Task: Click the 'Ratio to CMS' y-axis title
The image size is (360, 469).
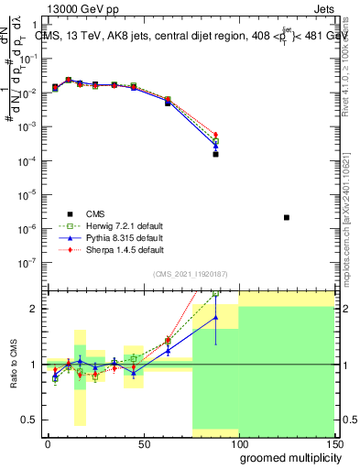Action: click(x=13, y=364)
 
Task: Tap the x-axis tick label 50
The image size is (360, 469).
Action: click(x=143, y=443)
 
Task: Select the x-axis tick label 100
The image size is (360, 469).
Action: click(x=238, y=443)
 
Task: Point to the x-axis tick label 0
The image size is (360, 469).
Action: click(x=48, y=443)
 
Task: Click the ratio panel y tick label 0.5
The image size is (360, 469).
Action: click(x=29, y=420)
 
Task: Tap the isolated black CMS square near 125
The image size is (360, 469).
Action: click(x=287, y=217)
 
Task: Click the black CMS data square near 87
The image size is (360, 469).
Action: click(x=215, y=154)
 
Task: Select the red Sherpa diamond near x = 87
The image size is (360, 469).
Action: click(x=215, y=135)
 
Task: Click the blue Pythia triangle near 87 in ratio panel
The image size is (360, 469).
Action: click(x=215, y=318)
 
